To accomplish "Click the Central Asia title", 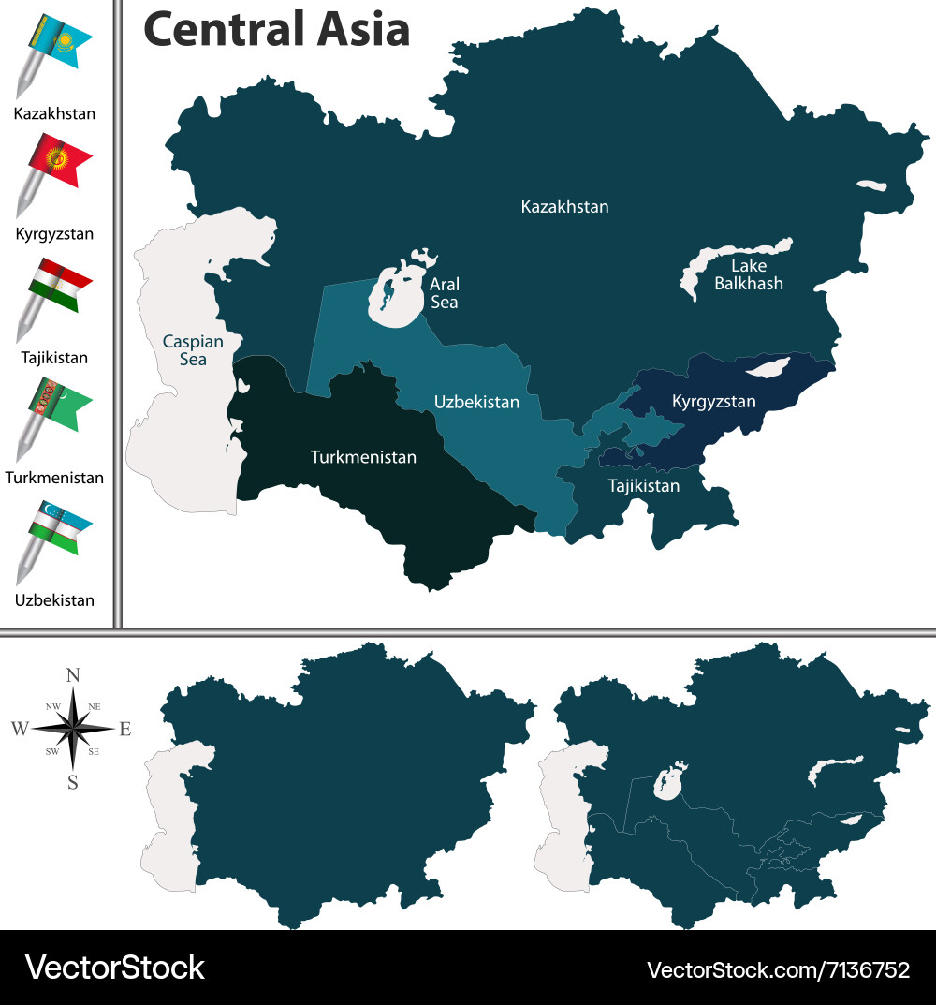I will (x=276, y=29).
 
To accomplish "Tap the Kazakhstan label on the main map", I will (x=564, y=206).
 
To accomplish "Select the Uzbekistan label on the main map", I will (x=476, y=402).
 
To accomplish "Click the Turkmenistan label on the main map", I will (x=363, y=458).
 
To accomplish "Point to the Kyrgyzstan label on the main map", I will (x=713, y=402).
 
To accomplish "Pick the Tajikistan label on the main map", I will (x=644, y=486).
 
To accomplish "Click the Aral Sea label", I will (x=444, y=292).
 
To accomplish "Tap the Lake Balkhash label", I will (x=748, y=274).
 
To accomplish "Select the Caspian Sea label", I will (x=184, y=350).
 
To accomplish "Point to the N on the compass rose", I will (x=73, y=674).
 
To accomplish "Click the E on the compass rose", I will (x=125, y=728).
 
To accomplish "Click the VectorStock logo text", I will (x=114, y=968).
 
